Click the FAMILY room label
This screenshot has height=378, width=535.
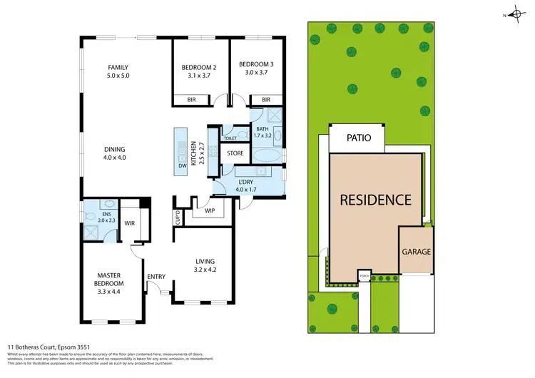click(x=118, y=66)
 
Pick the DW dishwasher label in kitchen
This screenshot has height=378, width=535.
click(x=183, y=165)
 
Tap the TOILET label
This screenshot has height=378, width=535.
click(x=230, y=138)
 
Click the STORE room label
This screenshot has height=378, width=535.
click(x=235, y=153)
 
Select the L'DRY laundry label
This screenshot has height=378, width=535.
click(x=245, y=182)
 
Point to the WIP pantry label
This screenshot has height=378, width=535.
click(x=210, y=210)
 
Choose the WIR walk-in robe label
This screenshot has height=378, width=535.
click(x=130, y=224)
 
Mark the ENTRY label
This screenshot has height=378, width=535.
click(x=156, y=277)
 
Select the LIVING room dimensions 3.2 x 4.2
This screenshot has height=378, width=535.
click(x=204, y=270)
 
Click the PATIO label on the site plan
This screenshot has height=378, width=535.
click(x=359, y=138)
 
